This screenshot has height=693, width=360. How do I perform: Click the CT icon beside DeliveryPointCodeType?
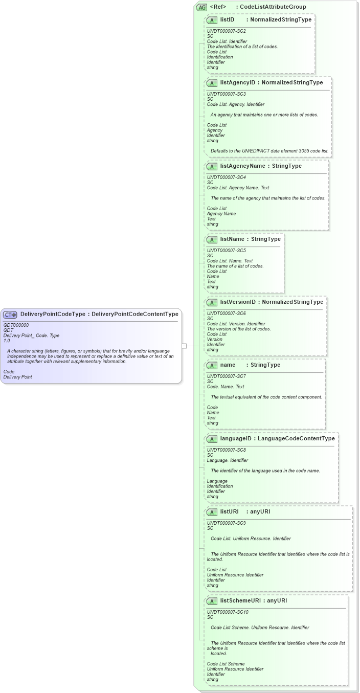coord(10,315)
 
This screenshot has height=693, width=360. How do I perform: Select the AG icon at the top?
coord(202,7)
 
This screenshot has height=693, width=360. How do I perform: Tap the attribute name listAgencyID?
coord(238,82)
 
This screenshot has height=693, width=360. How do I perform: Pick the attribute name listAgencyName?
coord(243,166)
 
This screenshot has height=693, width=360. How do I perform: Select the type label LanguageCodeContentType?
coord(296,438)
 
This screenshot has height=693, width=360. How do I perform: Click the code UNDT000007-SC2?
coord(226,31)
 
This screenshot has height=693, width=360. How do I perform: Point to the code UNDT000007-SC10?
coord(228,612)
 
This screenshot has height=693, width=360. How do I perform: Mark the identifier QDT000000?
coord(16,325)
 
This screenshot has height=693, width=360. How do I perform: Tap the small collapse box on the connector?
coord(185,346)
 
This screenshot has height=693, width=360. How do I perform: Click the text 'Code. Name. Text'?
coord(226,387)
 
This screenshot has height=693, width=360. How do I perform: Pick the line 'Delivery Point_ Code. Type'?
coord(31,336)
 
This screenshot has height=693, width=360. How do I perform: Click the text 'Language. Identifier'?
coord(227,460)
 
